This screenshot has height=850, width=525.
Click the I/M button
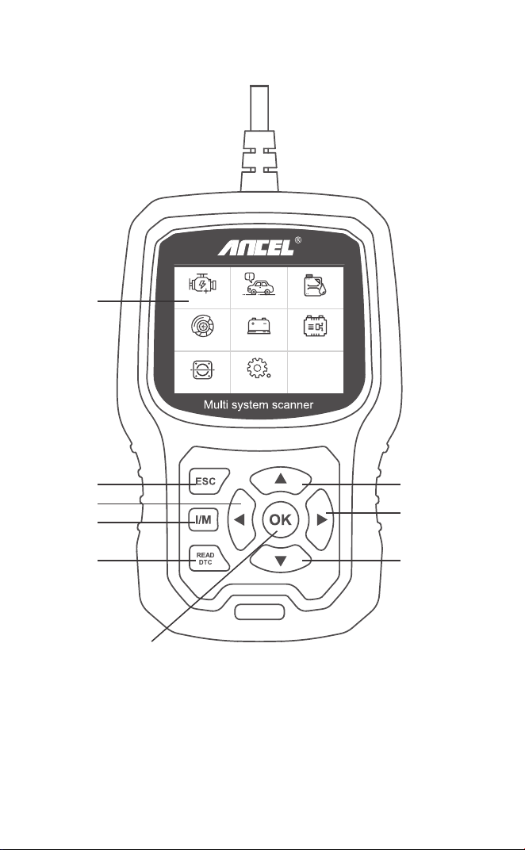pyautogui.click(x=203, y=520)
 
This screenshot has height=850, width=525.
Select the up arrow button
pyautogui.click(x=281, y=481)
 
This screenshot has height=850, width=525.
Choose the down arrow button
pyautogui.click(x=281, y=559)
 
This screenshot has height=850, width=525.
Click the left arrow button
pyautogui.click(x=241, y=520)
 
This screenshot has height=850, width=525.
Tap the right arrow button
pyautogui.click(x=320, y=520)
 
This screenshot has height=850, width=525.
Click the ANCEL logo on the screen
pyautogui.click(x=256, y=248)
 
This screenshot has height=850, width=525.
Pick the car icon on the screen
pyautogui.click(x=259, y=284)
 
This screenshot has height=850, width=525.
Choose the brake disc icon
pyautogui.click(x=202, y=327)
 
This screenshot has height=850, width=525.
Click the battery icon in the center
pyautogui.click(x=259, y=326)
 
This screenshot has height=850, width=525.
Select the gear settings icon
pyautogui.click(x=259, y=369)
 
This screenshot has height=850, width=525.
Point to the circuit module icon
pyautogui.click(x=315, y=327)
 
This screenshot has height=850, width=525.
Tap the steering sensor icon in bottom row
pyautogui.click(x=202, y=369)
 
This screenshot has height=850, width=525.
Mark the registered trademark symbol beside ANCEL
pyautogui.click(x=298, y=240)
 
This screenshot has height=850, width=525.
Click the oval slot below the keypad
pyautogui.click(x=259, y=611)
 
